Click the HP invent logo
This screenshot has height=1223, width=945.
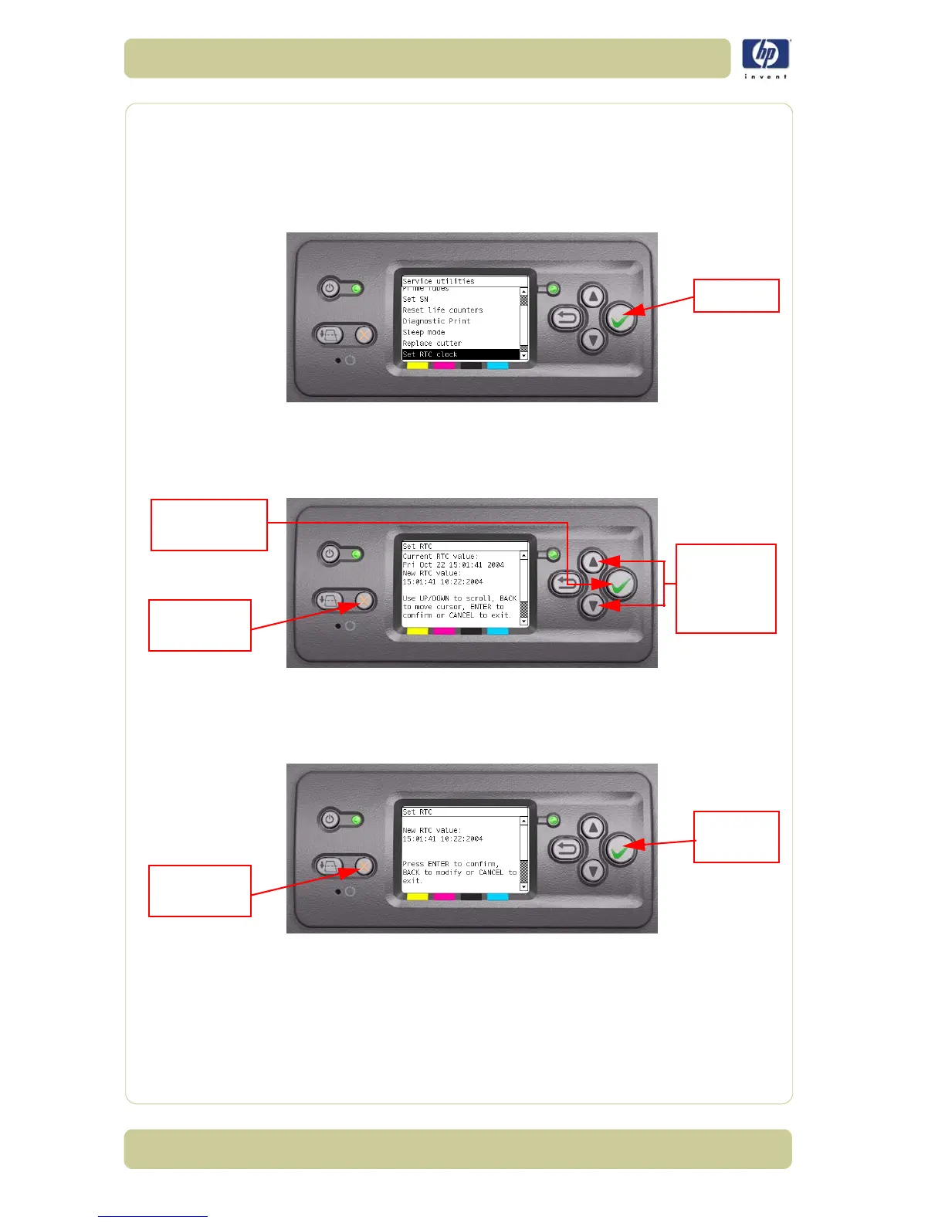pos(766,58)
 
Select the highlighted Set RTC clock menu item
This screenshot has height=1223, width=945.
pos(460,354)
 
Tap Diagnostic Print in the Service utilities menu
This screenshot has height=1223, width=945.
pos(436,321)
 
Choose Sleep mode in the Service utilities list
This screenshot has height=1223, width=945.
pos(424,332)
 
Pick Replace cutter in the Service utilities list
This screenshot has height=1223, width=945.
pos(432,344)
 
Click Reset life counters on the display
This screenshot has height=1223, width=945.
pos(442,310)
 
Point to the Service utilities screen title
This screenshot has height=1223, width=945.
pos(439,281)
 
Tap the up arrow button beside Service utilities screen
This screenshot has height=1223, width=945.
pos(592,296)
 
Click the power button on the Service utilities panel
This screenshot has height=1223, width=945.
pos(330,289)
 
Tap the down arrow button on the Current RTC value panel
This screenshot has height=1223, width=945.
pos(592,606)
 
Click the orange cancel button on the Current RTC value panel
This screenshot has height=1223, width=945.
pos(364,600)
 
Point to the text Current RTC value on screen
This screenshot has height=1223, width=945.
pos(440,556)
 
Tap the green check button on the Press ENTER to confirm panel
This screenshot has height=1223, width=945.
pos(619,850)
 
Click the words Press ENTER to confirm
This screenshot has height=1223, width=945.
pos(450,864)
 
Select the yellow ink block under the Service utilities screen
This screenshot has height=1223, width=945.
pos(417,365)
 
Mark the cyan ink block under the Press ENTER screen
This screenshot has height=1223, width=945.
pos(497,897)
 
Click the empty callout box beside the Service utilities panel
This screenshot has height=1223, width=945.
pos(736,296)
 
